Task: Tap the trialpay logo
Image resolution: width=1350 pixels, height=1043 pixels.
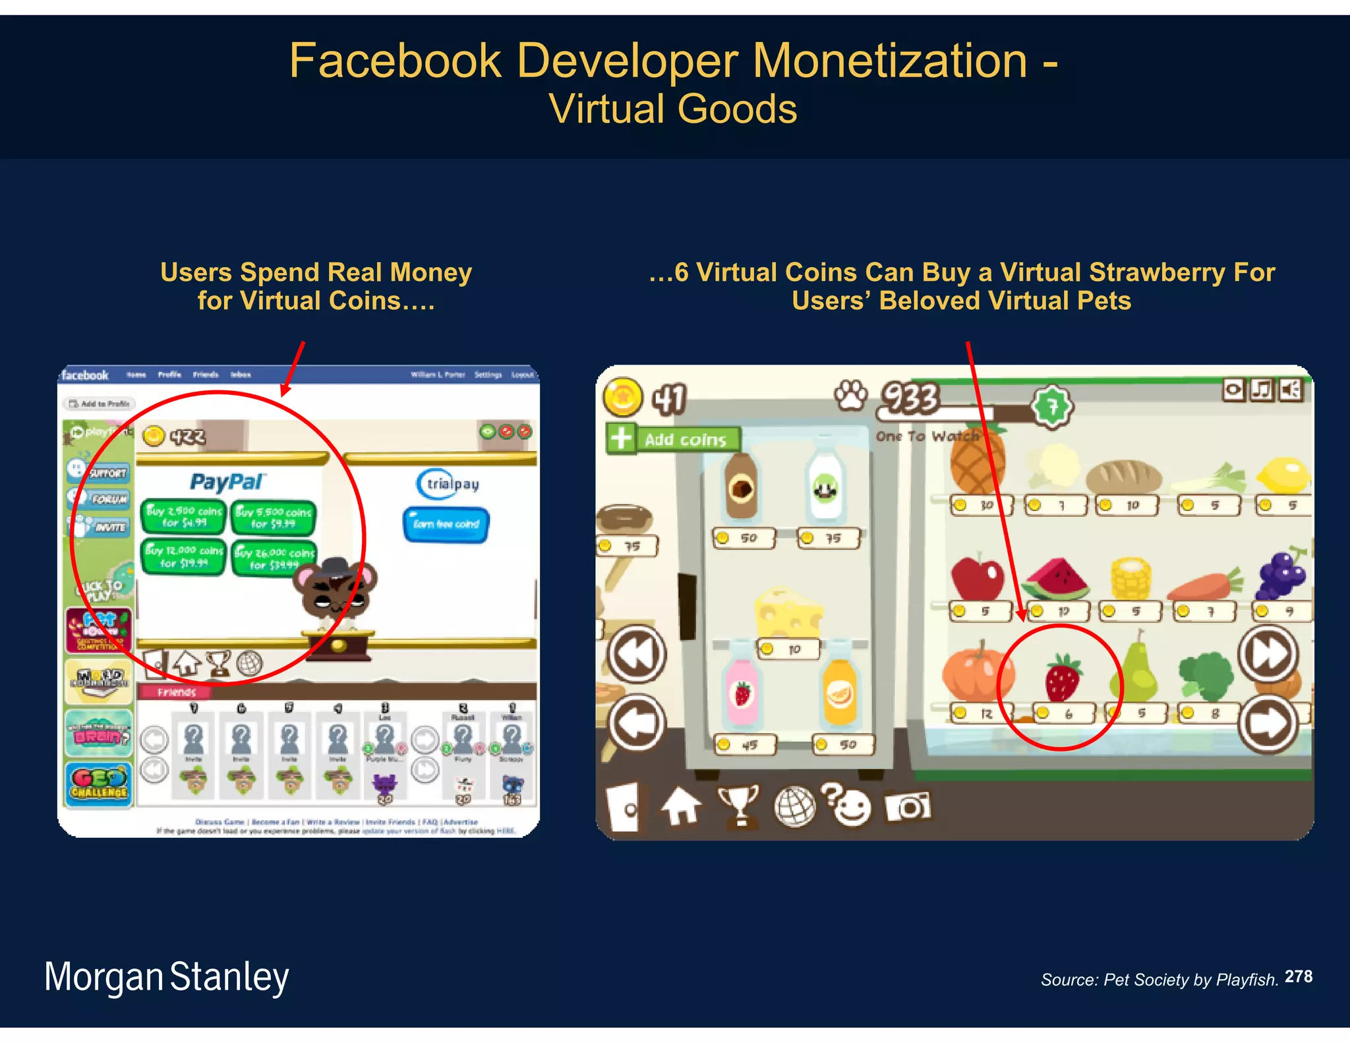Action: (448, 484)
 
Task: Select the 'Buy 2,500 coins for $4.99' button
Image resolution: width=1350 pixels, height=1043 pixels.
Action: (184, 516)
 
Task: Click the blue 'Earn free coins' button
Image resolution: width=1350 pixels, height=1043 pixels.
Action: (446, 524)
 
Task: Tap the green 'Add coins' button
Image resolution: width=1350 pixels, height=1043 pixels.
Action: (673, 439)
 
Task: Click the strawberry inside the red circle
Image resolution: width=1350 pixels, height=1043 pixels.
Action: (1062, 678)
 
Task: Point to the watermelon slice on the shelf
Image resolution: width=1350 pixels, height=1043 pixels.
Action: (1057, 578)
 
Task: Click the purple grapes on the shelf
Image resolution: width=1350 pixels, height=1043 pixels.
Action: (1281, 574)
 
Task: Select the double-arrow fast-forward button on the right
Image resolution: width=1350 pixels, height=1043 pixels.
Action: (1268, 653)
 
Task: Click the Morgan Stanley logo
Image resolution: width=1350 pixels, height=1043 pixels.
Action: (166, 977)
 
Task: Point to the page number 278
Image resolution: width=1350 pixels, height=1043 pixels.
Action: (1299, 976)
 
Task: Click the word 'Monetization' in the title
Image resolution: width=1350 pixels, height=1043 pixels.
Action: (889, 61)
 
